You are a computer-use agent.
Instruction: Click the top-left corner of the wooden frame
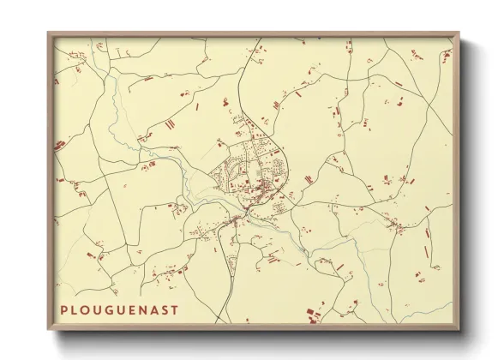pyautogui.click(x=48, y=33)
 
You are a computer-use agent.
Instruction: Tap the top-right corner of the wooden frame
pyautogui.click(x=460, y=33)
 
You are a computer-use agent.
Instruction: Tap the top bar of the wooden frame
pyautogui.click(x=254, y=35)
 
